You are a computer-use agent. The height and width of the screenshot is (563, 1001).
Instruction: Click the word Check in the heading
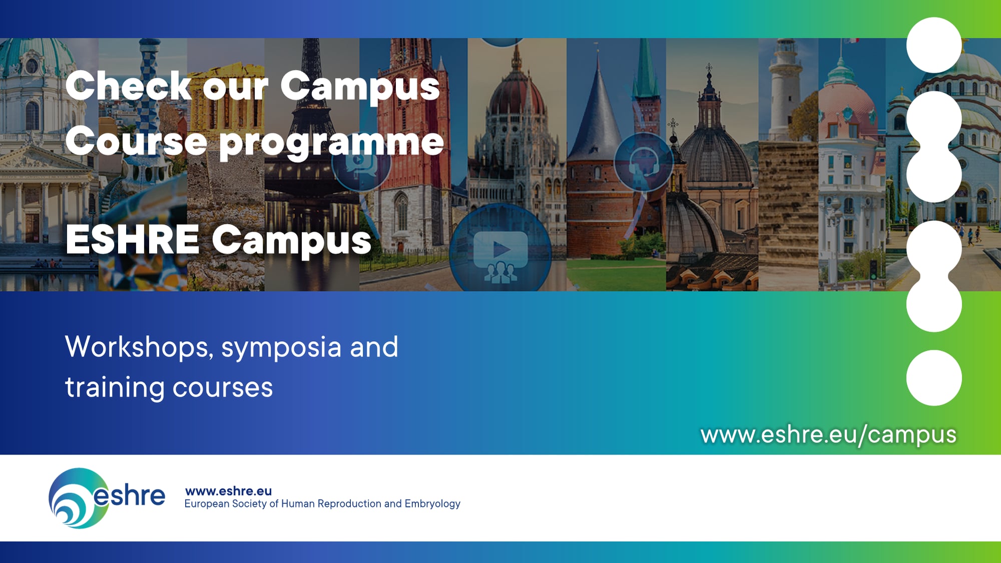point(128,86)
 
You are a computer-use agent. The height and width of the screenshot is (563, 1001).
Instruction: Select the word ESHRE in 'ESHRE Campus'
point(133,240)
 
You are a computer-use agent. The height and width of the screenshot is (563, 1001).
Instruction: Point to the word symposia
point(281,348)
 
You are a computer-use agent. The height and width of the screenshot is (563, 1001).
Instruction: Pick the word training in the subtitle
point(115,388)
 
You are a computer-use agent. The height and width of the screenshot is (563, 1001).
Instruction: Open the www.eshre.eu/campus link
point(828,434)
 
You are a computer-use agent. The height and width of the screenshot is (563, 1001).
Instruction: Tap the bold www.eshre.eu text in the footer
point(228,491)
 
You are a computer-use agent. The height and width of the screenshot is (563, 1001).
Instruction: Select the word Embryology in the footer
point(432,504)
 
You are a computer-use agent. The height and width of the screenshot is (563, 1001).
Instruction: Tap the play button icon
point(500,248)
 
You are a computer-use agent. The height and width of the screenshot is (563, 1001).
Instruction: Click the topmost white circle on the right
point(934,45)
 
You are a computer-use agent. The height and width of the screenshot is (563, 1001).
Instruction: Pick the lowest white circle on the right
point(934,378)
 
